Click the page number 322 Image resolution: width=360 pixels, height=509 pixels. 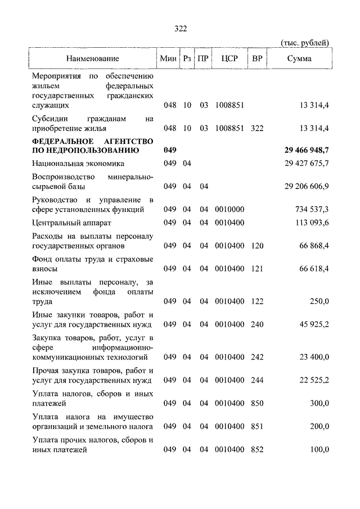pos(180,29)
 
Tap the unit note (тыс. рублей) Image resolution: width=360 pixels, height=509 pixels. pos(304,43)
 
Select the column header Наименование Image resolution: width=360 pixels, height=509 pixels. pos(92,58)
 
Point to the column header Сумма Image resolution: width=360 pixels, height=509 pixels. pos(299,58)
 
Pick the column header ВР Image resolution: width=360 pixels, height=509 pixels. pos(258,58)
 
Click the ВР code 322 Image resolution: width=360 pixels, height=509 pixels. pos(258,128)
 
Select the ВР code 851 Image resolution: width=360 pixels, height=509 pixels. pos(258,426)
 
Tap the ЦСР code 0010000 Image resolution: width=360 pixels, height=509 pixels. pos(229,209)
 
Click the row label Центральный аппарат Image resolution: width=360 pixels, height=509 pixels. pos(68,223)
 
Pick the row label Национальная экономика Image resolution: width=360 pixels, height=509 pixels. pos(78,163)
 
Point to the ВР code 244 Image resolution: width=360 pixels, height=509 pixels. pos(258,380)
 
